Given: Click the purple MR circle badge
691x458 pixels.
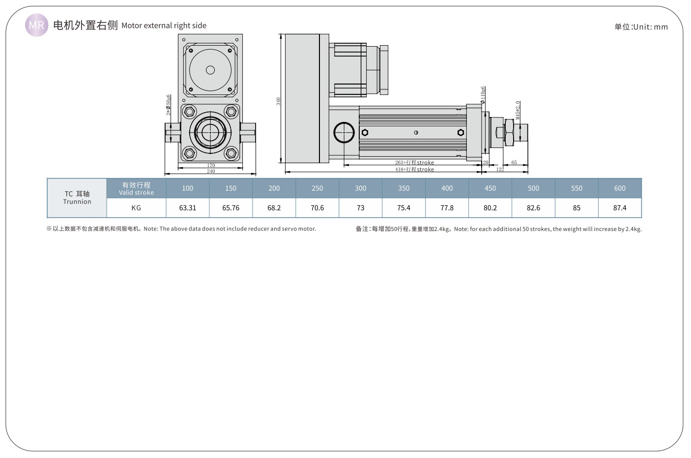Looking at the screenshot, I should [37, 25].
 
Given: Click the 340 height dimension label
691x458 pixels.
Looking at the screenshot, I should [278, 101].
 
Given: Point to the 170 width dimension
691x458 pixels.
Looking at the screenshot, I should [211, 166].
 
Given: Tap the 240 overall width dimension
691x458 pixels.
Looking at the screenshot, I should [211, 172].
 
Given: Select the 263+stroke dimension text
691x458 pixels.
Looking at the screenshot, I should [414, 163].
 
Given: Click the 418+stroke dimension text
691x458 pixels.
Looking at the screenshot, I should [414, 170].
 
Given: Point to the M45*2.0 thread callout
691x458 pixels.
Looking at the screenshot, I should [518, 110].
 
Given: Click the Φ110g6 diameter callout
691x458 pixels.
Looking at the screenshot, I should [483, 95].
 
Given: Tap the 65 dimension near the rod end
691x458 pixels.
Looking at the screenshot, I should [514, 163].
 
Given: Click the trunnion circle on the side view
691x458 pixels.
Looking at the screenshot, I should [344, 133].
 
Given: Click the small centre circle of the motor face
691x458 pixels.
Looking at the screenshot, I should [210, 70].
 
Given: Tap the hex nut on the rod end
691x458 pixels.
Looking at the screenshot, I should [509, 132].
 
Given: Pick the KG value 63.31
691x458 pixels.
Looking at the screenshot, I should [188, 208].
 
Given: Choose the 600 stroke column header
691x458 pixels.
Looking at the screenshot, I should [620, 188].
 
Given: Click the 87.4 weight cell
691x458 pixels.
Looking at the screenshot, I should [620, 208].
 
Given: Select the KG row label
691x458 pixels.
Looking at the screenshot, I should [136, 208].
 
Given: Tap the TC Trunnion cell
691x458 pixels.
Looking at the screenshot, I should [77, 198].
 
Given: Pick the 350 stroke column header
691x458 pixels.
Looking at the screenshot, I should [403, 188].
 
